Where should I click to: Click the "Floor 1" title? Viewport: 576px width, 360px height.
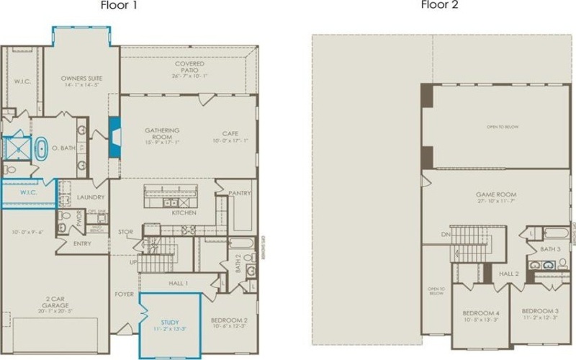point(119,5)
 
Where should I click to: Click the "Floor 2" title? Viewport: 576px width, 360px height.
point(440,5)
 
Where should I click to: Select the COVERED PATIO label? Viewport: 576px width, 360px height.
point(189,66)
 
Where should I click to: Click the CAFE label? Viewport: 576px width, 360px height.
point(230,131)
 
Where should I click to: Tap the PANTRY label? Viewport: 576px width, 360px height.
point(239,193)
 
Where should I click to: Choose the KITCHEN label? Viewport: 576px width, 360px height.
point(184,213)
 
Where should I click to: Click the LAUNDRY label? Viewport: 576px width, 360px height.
point(91,197)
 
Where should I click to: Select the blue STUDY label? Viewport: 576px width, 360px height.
point(170,323)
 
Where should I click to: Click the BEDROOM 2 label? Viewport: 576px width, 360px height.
point(229,320)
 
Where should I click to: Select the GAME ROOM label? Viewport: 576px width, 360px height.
point(495,195)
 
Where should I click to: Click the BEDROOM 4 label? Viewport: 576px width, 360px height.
point(480,313)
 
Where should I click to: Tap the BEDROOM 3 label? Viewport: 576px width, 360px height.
point(540,313)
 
